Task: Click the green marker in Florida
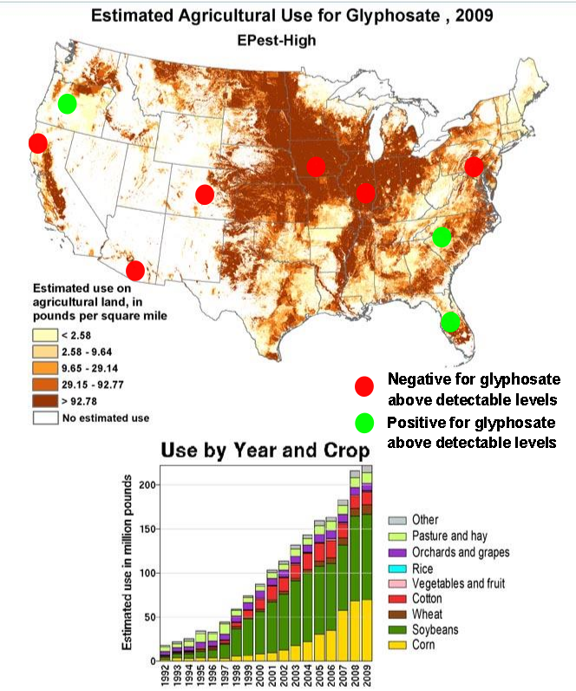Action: pos(449,322)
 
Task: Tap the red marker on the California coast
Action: pos(37,143)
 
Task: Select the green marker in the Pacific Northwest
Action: pos(67,104)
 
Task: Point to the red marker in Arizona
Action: pos(135,270)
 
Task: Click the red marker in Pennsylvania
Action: pos(474,166)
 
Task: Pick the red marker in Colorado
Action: pos(205,194)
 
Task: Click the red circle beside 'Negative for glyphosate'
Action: pos(365,386)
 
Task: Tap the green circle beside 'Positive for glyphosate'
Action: pos(365,424)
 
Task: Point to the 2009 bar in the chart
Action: pos(367,564)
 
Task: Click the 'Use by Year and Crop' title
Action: pos(265,451)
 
